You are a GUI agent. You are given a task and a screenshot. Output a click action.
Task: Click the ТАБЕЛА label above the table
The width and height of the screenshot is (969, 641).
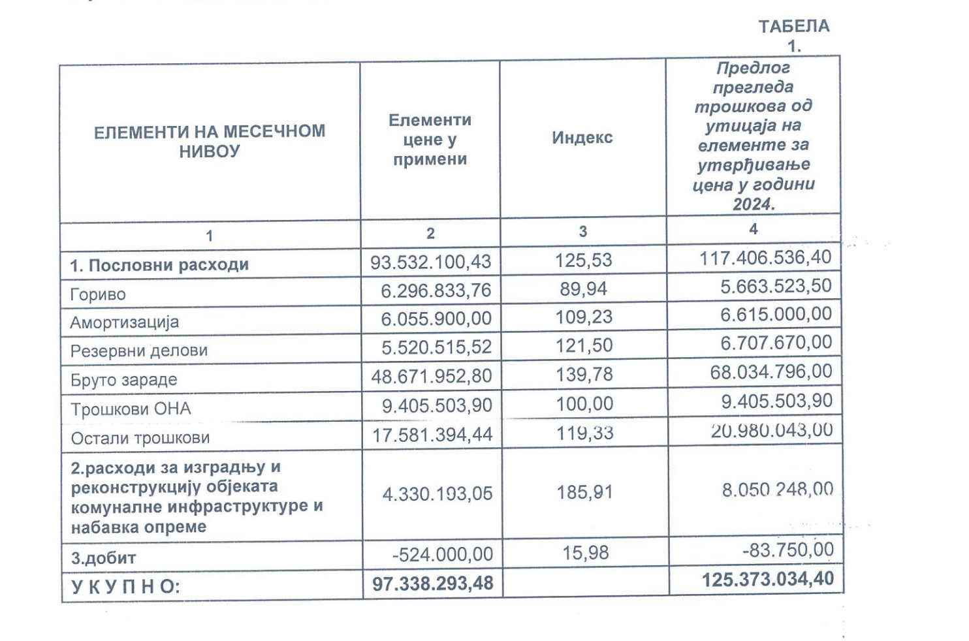click(793, 27)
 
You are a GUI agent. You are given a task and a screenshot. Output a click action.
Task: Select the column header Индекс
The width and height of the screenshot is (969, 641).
click(582, 138)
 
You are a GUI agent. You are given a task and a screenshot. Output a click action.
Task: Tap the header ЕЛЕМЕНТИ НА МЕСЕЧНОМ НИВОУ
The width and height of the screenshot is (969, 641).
click(209, 141)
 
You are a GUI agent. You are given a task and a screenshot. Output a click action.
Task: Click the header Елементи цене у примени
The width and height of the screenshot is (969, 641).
click(430, 140)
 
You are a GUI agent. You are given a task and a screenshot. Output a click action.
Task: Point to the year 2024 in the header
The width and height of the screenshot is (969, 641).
click(753, 204)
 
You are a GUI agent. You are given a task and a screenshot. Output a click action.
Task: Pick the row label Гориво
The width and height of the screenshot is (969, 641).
click(98, 294)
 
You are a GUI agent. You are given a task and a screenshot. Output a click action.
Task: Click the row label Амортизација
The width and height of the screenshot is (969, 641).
click(124, 322)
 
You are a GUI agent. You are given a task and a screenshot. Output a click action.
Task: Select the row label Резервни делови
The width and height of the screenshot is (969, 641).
click(138, 351)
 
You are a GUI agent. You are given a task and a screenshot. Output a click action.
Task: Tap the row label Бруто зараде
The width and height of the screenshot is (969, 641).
click(123, 380)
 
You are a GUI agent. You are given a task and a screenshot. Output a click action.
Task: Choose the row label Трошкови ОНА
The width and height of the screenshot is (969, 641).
click(131, 409)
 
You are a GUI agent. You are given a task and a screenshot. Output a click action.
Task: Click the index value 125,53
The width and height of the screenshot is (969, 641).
click(584, 260)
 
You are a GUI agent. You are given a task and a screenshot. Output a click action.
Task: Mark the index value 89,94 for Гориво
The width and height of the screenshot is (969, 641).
click(584, 289)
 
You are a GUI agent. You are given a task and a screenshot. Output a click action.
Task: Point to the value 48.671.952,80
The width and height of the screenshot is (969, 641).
click(432, 376)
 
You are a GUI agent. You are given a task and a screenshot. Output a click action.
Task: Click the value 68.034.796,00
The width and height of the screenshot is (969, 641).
click(770, 372)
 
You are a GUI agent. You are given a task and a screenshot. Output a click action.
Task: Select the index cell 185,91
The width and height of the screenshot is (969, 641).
click(584, 492)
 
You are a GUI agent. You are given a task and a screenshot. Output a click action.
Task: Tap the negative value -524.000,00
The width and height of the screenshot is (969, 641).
click(442, 554)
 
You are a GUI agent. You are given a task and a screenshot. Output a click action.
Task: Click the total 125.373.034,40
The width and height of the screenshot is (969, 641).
click(767, 580)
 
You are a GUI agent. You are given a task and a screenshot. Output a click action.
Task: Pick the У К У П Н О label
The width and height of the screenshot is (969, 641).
click(125, 586)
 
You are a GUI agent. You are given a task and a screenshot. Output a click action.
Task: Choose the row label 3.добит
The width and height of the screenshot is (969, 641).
click(103, 558)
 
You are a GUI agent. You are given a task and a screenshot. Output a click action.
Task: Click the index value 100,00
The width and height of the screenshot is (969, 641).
click(584, 404)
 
